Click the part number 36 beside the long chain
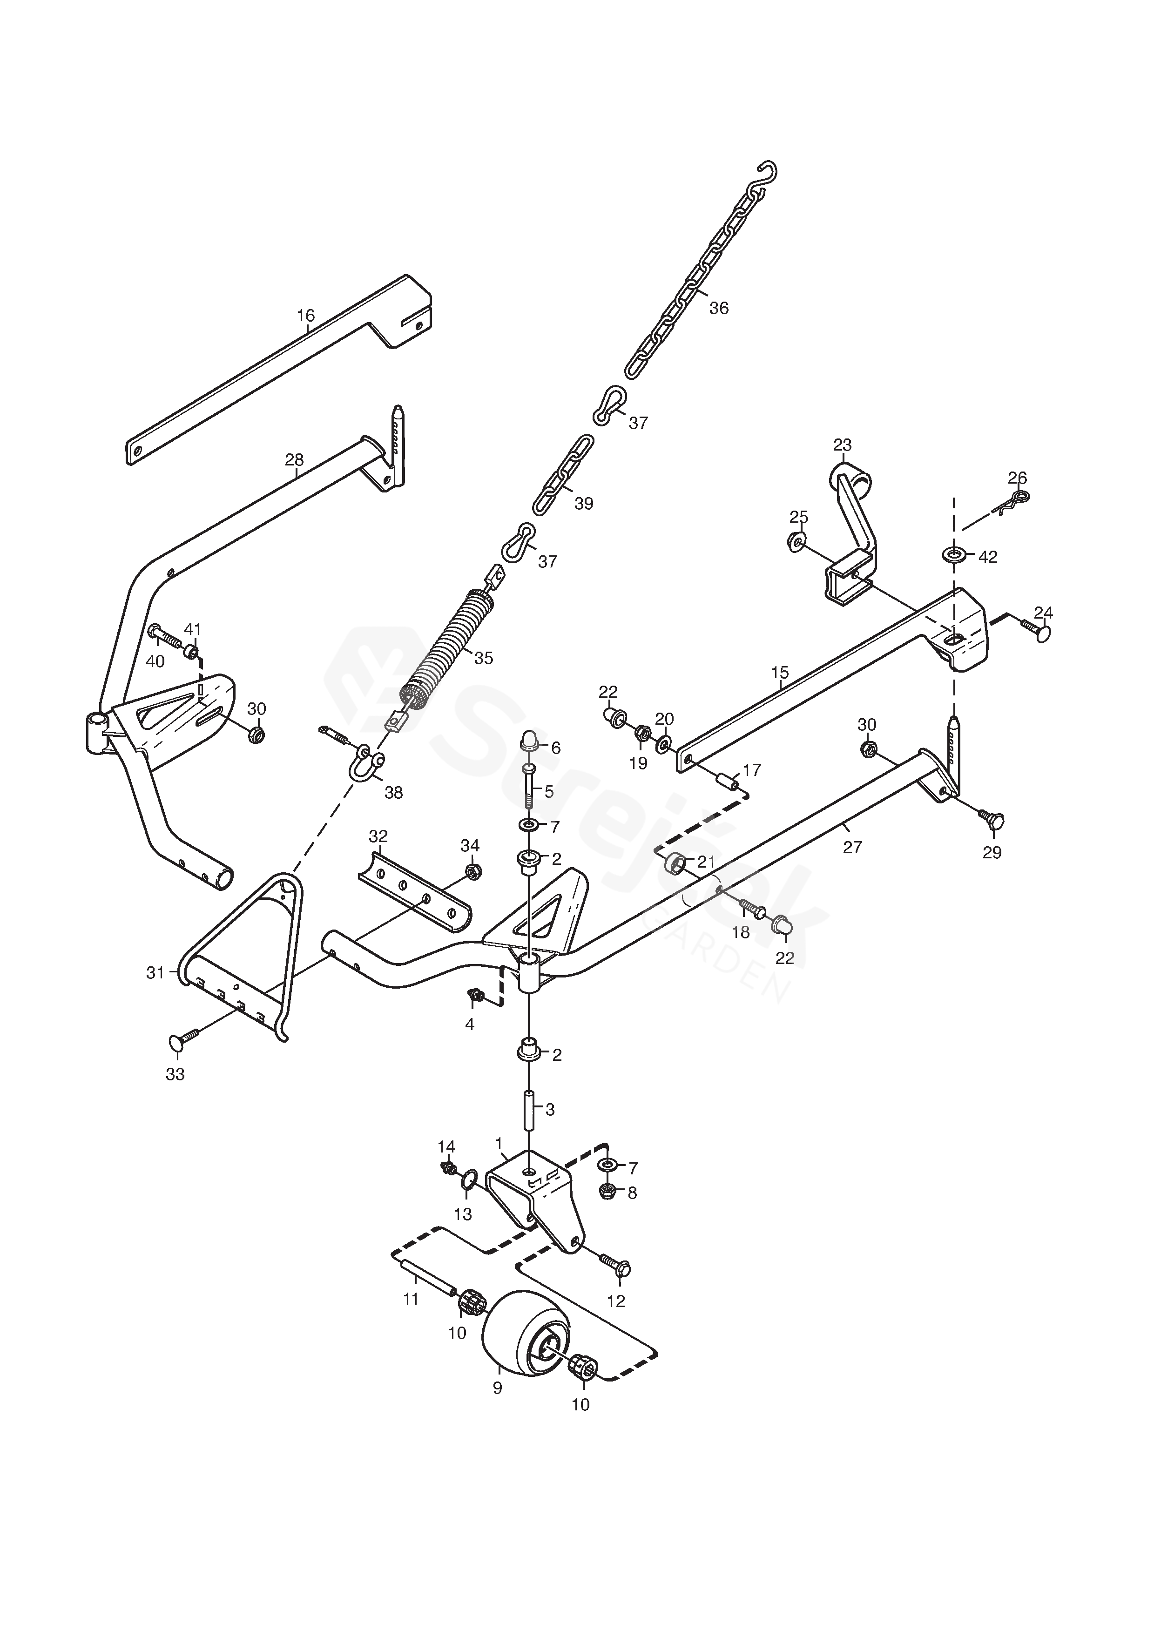[719, 308]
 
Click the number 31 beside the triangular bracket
[155, 972]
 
